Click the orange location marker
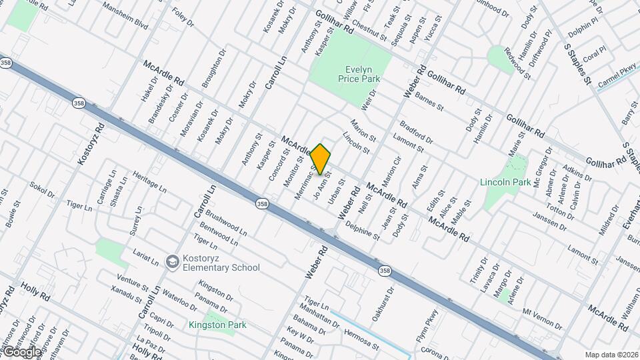coord(321,159)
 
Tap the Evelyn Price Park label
coord(363,73)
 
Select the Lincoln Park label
coord(505,181)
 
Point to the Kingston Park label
coord(217,325)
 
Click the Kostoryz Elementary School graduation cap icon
coord(172,261)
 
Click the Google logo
coord(21,351)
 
